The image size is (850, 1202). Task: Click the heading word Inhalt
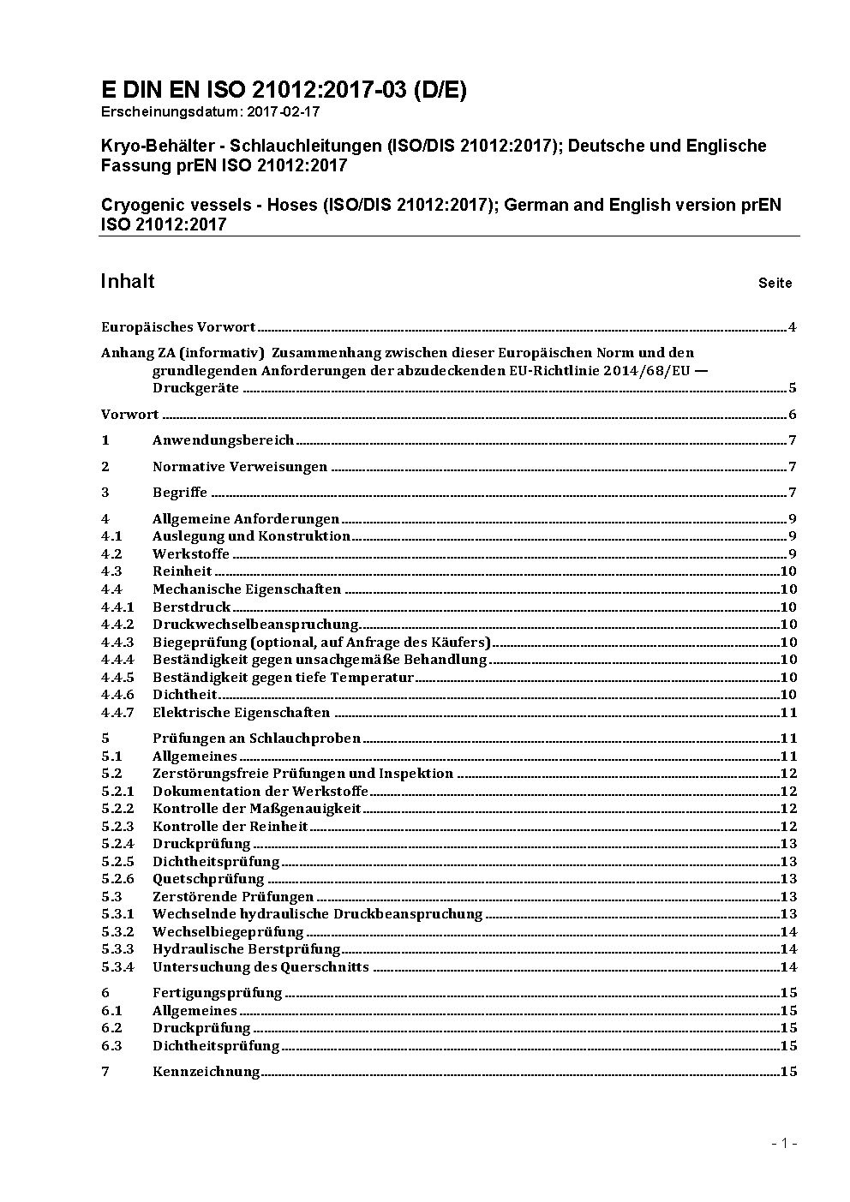tap(128, 281)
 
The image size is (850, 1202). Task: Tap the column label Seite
tap(775, 283)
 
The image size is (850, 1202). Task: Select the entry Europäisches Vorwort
tap(178, 326)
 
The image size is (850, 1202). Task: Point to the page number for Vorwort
tap(792, 415)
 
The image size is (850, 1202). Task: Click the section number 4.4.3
tap(117, 642)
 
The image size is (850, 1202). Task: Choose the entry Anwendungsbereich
tap(223, 440)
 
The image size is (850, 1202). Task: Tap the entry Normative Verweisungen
tap(240, 467)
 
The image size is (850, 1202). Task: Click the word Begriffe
tap(180, 493)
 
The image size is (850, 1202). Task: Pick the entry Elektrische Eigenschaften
tap(241, 712)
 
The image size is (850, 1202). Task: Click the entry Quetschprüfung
tap(208, 878)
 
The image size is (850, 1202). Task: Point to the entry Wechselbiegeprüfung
tap(228, 931)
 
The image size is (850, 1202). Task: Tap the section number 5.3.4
tap(117, 966)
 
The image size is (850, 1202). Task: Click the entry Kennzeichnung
tap(206, 1071)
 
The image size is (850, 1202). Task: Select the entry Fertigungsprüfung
tap(217, 993)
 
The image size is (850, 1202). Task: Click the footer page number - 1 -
tap(784, 1143)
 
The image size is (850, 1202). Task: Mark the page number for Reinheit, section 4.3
tap(788, 571)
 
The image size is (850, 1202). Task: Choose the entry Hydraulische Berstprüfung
tap(247, 948)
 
